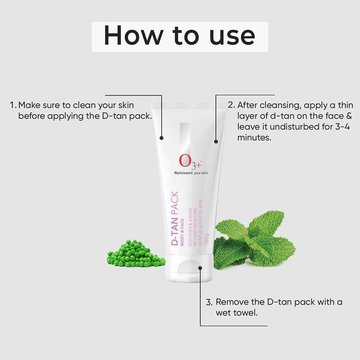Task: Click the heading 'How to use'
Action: pyautogui.click(x=180, y=36)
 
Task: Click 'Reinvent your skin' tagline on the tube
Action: pyautogui.click(x=191, y=173)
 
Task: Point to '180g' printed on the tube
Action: pyautogui.click(x=207, y=239)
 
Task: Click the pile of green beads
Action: pyautogui.click(x=135, y=254)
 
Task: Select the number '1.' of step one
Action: pyautogui.click(x=13, y=105)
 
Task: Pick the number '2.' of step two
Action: pyautogui.click(x=231, y=105)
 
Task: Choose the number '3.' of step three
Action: pyautogui.click(x=209, y=302)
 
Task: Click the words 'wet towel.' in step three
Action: pyautogui.click(x=237, y=313)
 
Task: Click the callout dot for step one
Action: pyautogui.click(x=162, y=138)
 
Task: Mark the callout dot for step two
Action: pyautogui.click(x=216, y=141)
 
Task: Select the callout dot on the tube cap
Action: pyautogui.click(x=200, y=267)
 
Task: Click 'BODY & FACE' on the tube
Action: pyautogui.click(x=183, y=231)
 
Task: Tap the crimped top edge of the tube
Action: pyautogui.click(x=189, y=105)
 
